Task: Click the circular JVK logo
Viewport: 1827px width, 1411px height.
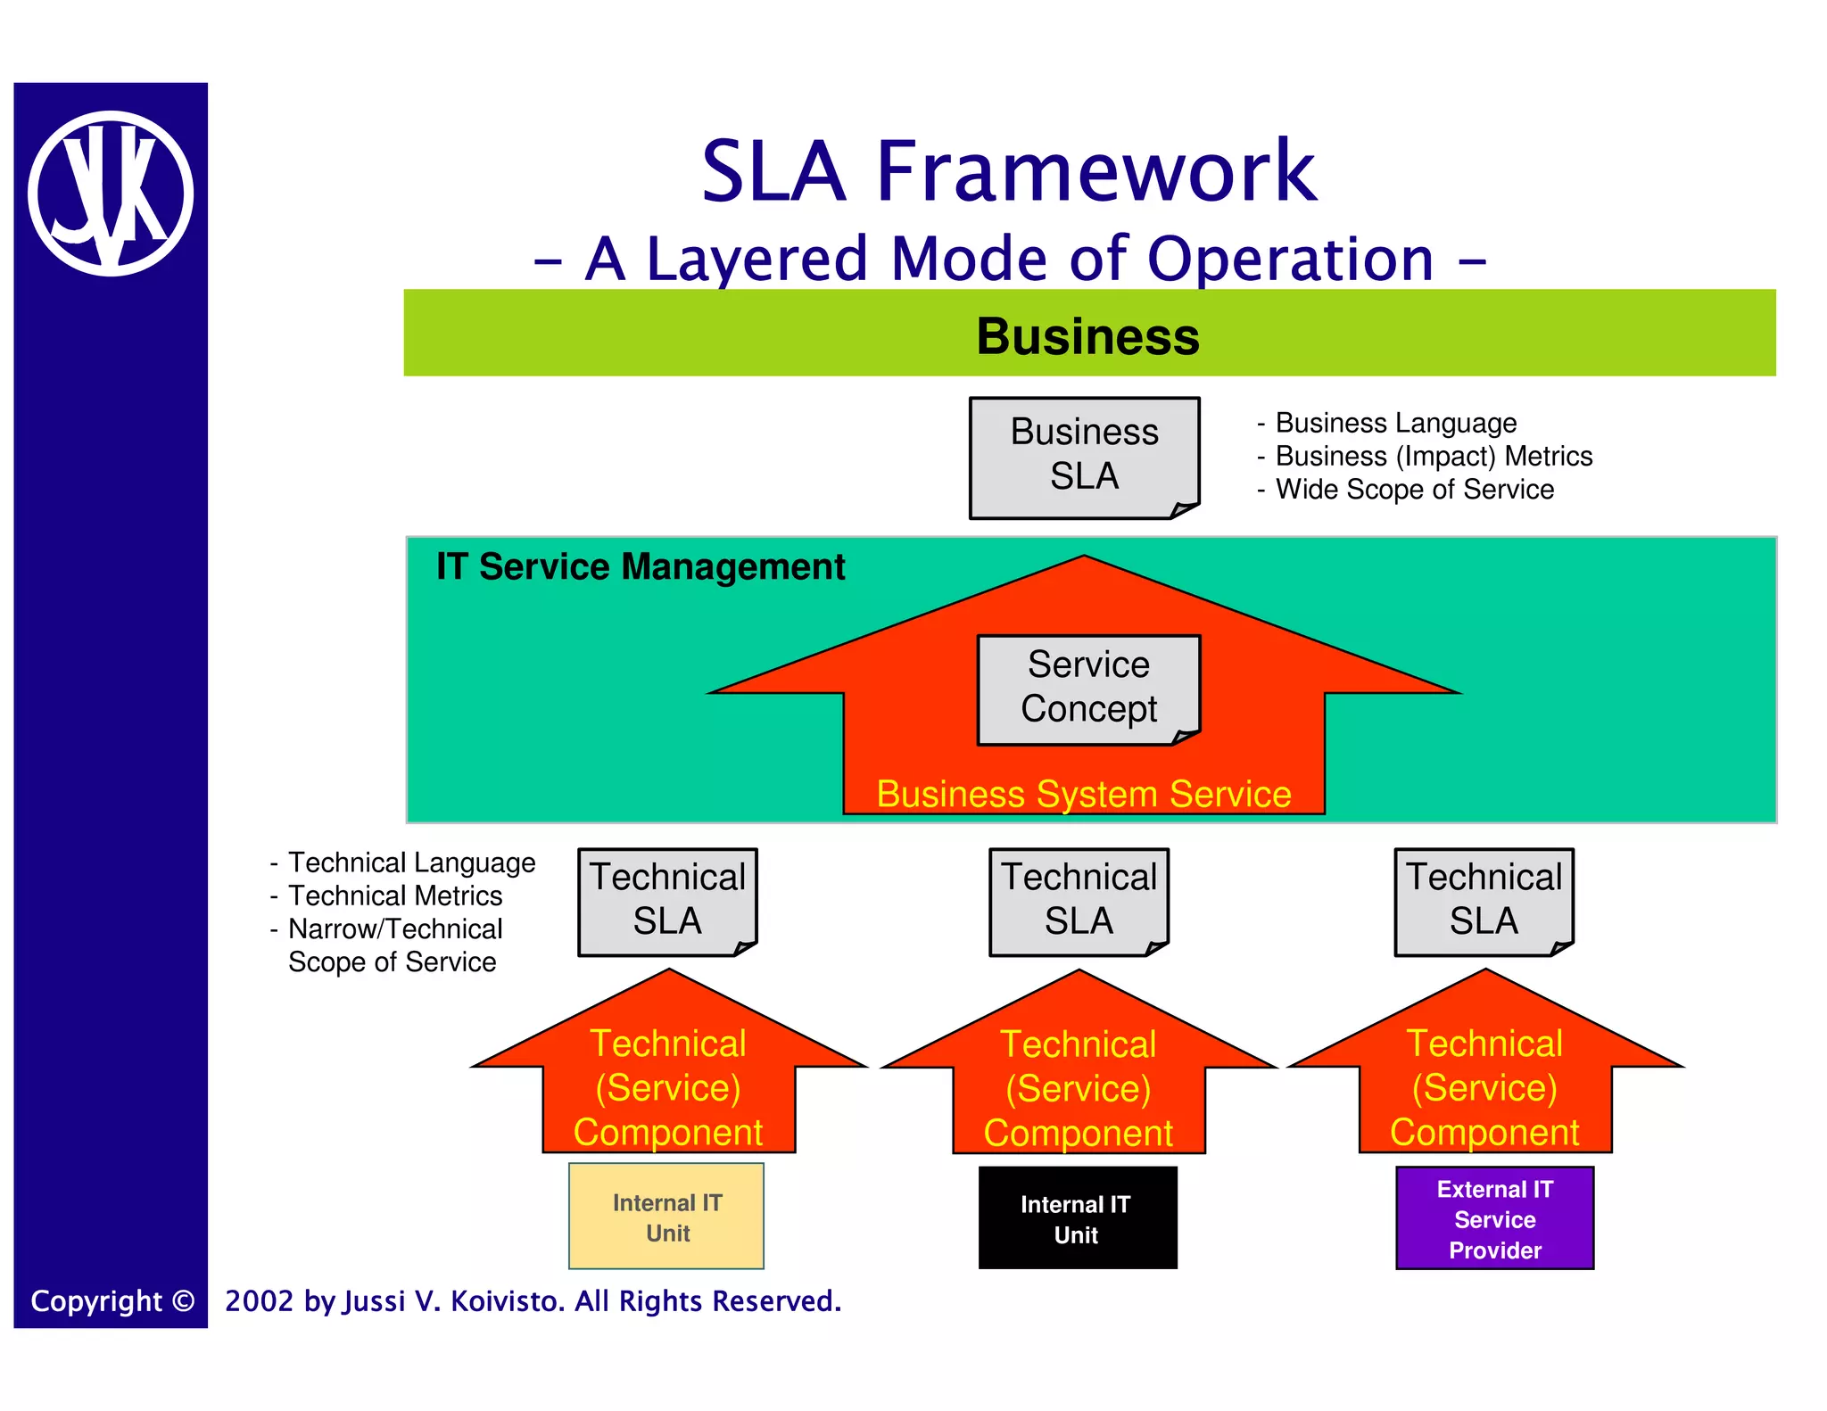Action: (x=111, y=194)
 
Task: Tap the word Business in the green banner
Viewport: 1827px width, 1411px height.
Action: (x=1087, y=336)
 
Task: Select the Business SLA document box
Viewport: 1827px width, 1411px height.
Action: (x=1084, y=456)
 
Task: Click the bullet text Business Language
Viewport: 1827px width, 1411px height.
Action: (x=1395, y=423)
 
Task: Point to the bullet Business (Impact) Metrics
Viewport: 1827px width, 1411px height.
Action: (x=1433, y=456)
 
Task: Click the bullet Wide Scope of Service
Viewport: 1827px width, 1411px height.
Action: (x=1414, y=490)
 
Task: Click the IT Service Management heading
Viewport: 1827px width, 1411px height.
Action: (x=640, y=567)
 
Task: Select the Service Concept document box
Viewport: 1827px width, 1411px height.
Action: (x=1088, y=689)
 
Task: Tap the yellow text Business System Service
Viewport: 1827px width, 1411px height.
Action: (x=1083, y=794)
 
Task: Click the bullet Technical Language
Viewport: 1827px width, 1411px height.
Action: (x=411, y=862)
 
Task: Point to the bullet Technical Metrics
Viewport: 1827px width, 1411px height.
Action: (x=395, y=895)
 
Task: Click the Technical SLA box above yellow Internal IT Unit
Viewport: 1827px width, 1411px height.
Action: (x=667, y=900)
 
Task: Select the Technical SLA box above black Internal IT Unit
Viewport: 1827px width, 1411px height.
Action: (x=1079, y=900)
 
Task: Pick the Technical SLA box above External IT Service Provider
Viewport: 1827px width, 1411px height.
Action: (x=1484, y=900)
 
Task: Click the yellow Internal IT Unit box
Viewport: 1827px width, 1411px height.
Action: (x=666, y=1217)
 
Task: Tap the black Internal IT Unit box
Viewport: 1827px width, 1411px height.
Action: (x=1077, y=1218)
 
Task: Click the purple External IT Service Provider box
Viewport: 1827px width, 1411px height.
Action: (x=1494, y=1218)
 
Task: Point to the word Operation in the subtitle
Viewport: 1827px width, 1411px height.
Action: (x=1290, y=259)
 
